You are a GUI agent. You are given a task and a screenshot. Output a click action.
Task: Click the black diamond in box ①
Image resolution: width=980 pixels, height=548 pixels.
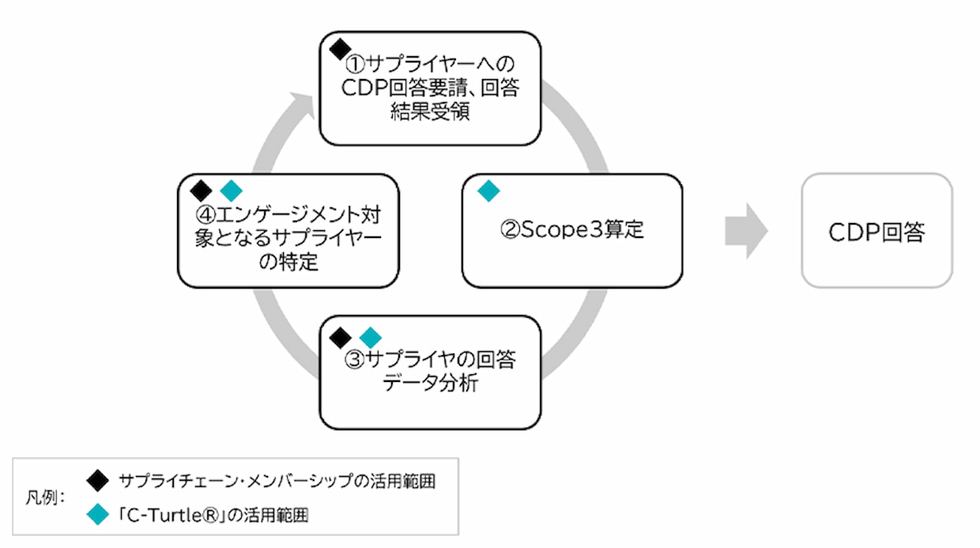(340, 49)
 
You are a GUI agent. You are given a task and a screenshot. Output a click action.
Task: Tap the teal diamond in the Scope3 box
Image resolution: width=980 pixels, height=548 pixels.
(488, 191)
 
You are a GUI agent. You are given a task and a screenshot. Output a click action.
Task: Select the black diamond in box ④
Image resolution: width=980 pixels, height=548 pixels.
(201, 191)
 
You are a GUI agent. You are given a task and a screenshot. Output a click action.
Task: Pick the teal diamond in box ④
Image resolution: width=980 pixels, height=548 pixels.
(231, 191)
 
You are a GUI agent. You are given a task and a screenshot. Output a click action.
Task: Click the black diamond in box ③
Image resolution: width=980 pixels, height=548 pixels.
(340, 338)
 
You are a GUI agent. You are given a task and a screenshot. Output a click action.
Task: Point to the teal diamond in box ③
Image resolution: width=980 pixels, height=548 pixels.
(370, 338)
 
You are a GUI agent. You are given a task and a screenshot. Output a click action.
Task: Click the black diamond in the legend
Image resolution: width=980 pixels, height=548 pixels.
(97, 481)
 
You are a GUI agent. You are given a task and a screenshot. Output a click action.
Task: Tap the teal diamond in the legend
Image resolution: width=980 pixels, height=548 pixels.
(97, 514)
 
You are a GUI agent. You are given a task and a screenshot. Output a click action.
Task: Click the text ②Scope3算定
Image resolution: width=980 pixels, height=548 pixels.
(572, 229)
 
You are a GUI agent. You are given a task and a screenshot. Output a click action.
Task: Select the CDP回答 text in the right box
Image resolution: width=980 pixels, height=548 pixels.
(876, 232)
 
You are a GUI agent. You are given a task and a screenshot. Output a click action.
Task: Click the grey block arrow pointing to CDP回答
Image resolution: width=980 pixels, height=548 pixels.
(746, 231)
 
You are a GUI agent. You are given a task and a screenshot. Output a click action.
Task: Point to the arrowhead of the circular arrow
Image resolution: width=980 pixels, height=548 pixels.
(304, 104)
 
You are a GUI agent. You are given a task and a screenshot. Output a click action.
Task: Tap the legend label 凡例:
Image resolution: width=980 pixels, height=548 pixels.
(45, 497)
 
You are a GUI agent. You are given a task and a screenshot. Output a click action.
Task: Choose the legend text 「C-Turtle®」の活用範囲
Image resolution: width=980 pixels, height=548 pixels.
(213, 515)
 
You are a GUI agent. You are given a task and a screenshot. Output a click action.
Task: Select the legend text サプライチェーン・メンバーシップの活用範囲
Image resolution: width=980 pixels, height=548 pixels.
(277, 481)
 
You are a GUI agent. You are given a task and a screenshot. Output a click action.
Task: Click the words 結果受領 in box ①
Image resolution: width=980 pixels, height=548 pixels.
(430, 111)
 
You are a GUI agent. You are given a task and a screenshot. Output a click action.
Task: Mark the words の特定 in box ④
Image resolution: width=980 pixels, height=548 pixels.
(288, 262)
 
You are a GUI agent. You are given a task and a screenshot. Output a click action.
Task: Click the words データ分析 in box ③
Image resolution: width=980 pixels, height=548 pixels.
(430, 383)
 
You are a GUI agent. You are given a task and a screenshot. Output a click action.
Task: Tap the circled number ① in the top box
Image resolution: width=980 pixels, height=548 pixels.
(354, 64)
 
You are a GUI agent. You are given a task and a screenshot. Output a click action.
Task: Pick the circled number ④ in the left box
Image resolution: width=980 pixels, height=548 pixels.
(205, 215)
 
